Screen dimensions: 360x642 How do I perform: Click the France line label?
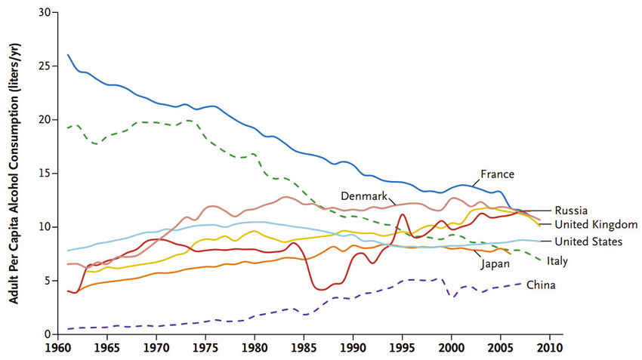click(498, 174)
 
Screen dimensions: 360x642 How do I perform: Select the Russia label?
click(572, 211)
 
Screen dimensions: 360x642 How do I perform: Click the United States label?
click(588, 242)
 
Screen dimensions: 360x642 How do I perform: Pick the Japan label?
click(495, 263)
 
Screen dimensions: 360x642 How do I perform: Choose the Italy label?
click(557, 261)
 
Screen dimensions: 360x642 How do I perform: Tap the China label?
click(541, 285)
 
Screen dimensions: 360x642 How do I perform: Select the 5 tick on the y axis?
click(48, 281)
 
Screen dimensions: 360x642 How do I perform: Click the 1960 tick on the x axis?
click(58, 349)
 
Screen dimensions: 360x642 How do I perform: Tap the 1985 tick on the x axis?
click(304, 349)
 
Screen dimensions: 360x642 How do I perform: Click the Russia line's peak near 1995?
click(403, 215)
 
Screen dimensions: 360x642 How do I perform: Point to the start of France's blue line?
click(68, 55)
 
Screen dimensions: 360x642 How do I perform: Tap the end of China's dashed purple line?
click(521, 284)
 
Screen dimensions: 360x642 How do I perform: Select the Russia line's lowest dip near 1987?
click(323, 290)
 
